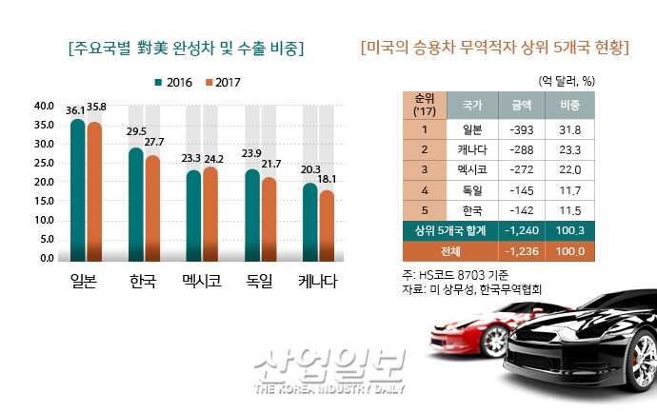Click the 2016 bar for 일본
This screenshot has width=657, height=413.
pyautogui.click(x=78, y=190)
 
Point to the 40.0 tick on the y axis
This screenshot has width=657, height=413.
pyautogui.click(x=43, y=105)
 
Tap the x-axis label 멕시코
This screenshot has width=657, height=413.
pyautogui.click(x=201, y=283)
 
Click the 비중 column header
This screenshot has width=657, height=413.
pyautogui.click(x=570, y=102)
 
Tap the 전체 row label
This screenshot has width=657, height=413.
pyautogui.click(x=450, y=250)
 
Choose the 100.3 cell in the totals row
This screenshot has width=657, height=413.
pyautogui.click(x=570, y=230)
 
